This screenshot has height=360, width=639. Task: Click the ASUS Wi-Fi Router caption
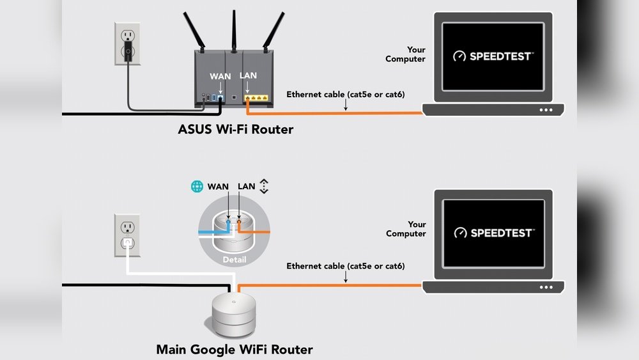tap(235, 130)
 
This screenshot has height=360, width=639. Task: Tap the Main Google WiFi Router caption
tap(235, 350)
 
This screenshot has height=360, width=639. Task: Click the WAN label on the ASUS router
tap(220, 76)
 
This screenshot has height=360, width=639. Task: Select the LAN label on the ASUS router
tap(248, 75)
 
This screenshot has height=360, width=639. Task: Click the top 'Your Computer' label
tap(406, 54)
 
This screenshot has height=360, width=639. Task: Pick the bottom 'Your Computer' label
tap(406, 229)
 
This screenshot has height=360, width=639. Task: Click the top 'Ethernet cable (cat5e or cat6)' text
tap(345, 95)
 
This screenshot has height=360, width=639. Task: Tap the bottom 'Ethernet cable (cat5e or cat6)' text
tap(345, 266)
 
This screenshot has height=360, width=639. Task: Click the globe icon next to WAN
tap(197, 187)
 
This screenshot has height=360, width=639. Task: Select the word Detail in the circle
tap(234, 260)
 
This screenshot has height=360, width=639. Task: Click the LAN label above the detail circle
tap(247, 187)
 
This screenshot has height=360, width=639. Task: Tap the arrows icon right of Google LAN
tap(265, 186)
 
